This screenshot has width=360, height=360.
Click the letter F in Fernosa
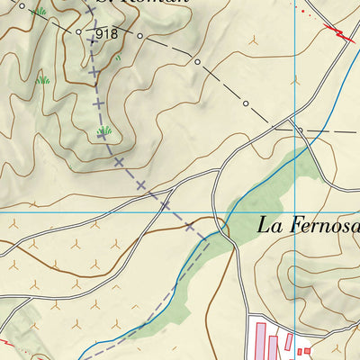click(x=293, y=225)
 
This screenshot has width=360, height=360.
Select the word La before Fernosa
click(x=268, y=225)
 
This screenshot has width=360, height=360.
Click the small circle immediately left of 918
click(x=79, y=32)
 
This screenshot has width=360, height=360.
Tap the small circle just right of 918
click(x=139, y=36)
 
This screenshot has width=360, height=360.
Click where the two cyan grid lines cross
click(x=295, y=213)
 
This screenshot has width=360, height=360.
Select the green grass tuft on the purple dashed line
click(x=104, y=131)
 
